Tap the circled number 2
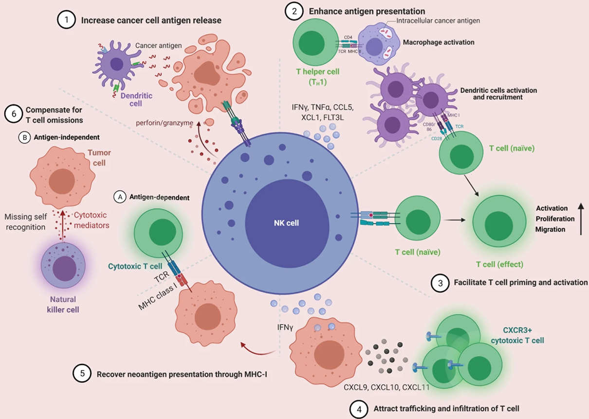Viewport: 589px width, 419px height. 294,11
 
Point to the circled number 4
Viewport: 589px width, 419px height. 359,409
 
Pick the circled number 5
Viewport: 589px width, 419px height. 82,374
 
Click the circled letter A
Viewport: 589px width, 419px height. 118,197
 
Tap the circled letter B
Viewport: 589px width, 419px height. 23,138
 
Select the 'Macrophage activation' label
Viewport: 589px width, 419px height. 438,42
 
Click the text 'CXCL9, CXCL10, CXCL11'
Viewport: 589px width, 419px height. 383,388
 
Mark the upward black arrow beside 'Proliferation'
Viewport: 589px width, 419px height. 581,219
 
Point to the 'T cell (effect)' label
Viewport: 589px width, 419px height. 499,265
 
